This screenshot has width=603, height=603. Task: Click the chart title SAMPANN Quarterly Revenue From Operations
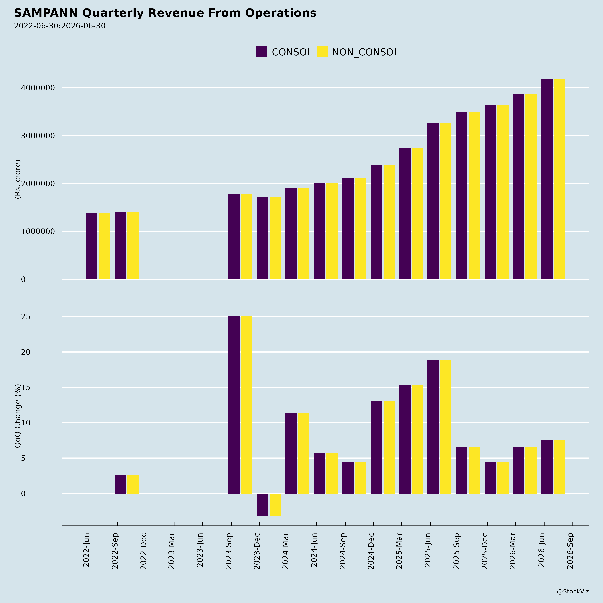click(165, 13)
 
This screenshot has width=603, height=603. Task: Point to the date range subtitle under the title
click(60, 26)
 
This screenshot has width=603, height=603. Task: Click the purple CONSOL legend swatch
click(262, 52)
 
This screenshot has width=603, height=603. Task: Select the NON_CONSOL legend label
click(365, 52)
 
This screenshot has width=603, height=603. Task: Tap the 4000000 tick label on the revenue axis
click(38, 88)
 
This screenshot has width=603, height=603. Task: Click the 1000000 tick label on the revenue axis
click(38, 231)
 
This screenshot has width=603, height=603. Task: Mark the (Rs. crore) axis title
click(18, 179)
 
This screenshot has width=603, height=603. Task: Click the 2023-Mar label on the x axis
click(171, 551)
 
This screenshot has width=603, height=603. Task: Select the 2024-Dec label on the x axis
click(371, 551)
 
